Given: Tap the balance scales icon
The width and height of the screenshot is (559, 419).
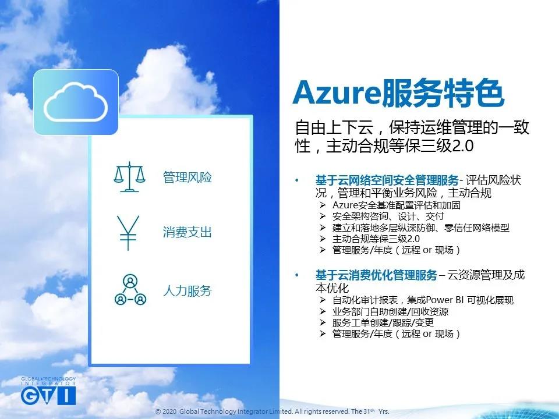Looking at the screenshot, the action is pos(130,177).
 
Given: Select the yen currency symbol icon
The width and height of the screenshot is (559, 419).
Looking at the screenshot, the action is pos(128,233).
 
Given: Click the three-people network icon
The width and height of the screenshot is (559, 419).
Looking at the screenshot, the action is pos(130,290).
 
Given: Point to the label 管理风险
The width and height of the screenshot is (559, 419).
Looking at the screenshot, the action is pos(187,177).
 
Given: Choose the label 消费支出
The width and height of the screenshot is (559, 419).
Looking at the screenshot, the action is pos(187,232).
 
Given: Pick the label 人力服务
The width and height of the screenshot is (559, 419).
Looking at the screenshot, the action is pos(187,291).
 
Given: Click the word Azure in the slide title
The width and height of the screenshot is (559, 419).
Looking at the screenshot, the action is pos(337,93).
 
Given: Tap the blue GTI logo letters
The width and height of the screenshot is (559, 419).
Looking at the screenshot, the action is pos(48,396).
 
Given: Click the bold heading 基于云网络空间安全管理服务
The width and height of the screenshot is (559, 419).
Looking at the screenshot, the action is pos(387,180).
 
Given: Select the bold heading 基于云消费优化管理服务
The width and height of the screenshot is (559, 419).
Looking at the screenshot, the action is pos(376,275).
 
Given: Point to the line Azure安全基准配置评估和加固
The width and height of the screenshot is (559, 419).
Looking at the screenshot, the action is pos(397,205).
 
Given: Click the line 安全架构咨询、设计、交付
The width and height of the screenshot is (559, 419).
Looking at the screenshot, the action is pos(388,216).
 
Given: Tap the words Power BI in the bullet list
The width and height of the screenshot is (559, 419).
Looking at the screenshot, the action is pos(444,300).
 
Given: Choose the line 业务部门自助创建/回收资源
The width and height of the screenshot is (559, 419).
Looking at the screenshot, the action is pos(390,311).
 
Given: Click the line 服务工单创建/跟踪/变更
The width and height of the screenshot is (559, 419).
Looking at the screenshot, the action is pos(383,322).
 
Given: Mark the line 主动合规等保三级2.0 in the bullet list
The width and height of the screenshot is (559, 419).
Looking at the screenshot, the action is pos(376,239).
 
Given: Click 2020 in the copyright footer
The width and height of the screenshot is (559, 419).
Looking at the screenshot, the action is pos(169,411).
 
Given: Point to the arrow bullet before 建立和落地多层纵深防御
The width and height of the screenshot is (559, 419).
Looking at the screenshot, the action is pos(323,228).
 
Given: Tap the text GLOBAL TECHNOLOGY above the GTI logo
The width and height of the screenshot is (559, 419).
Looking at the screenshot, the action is pos(48,379).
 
